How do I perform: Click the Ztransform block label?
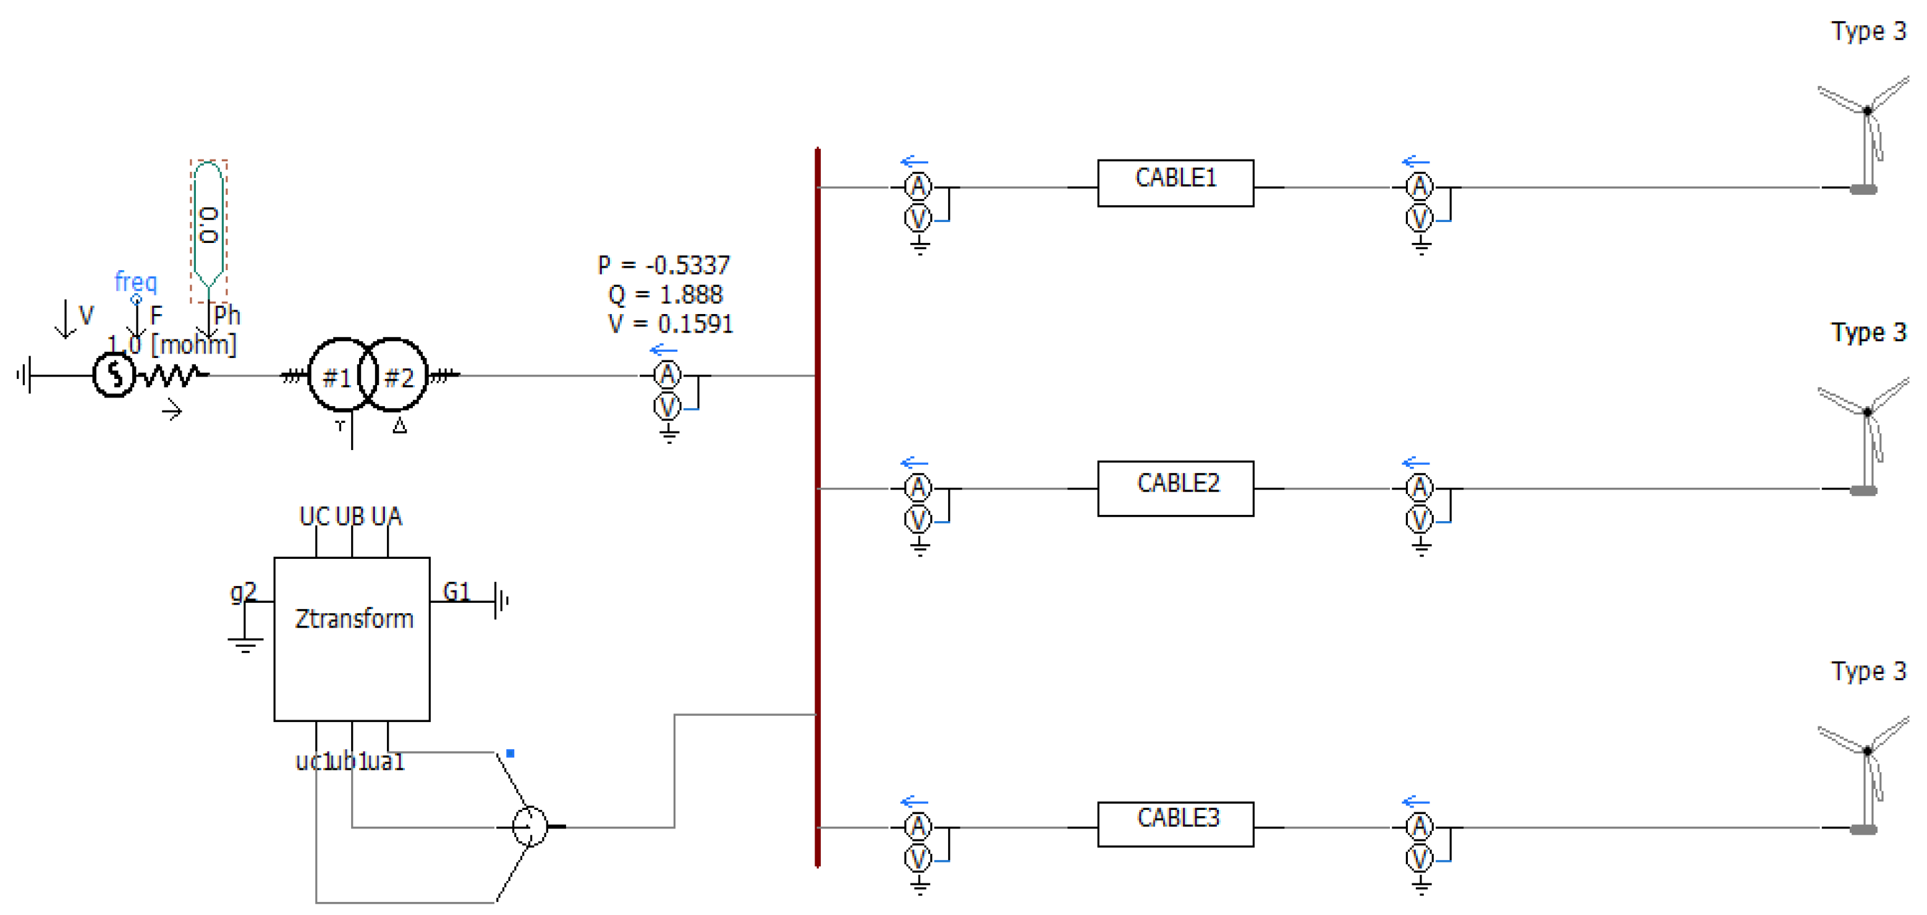(x=354, y=619)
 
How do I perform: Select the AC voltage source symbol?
(x=114, y=374)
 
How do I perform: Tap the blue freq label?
(x=135, y=282)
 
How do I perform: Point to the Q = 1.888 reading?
(x=665, y=294)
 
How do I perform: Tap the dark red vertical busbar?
(x=817, y=509)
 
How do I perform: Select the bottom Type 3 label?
(x=1868, y=671)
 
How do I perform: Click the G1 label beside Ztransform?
(x=456, y=591)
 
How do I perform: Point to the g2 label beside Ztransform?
(x=243, y=591)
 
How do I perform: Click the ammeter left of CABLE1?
(x=918, y=186)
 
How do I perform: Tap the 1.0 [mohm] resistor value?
(x=172, y=345)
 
